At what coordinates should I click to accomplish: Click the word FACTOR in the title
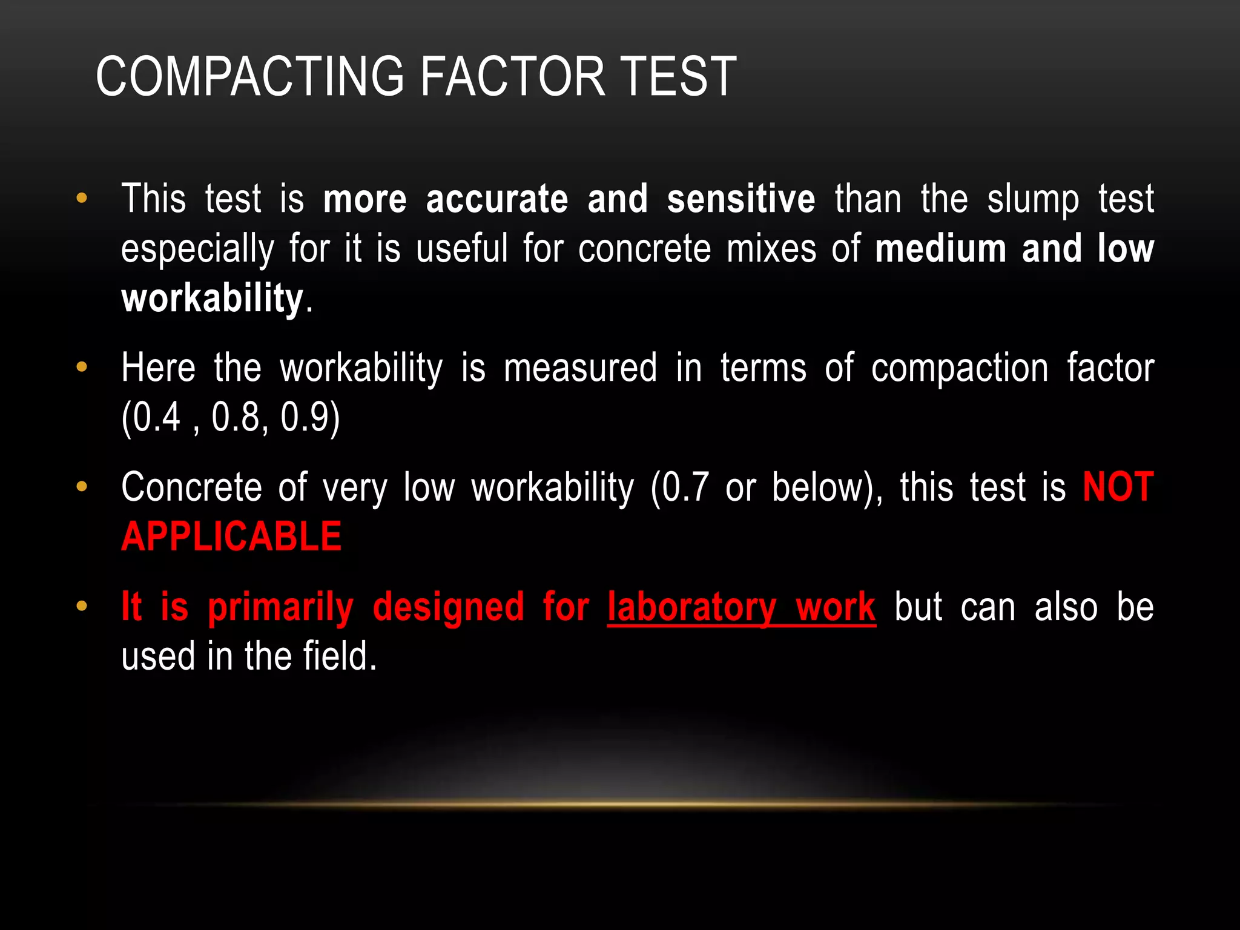point(512,76)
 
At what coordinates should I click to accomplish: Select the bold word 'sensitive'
point(740,199)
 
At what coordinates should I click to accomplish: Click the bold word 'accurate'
point(496,199)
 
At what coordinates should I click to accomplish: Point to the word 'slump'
point(1033,200)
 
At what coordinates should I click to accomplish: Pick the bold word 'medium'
point(940,249)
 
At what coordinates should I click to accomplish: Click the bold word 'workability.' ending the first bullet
point(213,298)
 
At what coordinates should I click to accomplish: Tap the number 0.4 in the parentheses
point(156,417)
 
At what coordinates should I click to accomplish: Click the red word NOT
point(1118,487)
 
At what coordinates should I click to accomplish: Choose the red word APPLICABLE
point(231,536)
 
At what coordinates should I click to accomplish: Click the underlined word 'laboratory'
point(691,607)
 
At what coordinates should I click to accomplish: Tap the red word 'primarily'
point(280,607)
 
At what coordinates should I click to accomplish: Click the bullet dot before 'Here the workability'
point(82,368)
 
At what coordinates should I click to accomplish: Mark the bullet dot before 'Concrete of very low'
point(82,487)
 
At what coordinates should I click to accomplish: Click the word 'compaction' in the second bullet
point(959,368)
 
